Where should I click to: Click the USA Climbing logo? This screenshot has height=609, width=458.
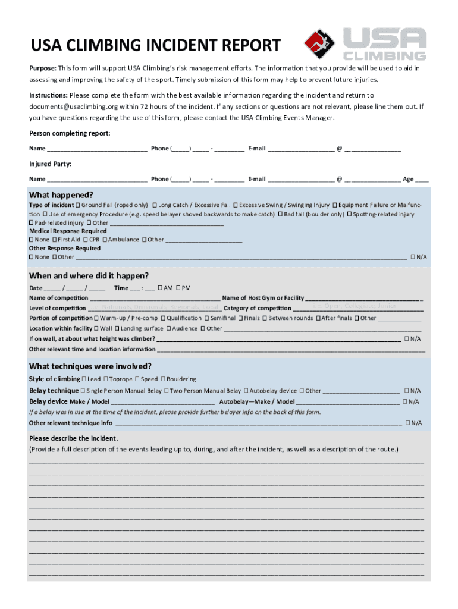pos(365,44)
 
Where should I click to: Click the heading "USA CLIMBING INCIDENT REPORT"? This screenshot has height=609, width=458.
pos(155,45)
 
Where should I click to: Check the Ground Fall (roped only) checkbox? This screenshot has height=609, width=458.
pos(78,205)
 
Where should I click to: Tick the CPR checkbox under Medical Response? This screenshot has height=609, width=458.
pos(86,240)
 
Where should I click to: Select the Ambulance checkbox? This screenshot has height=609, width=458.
pos(105,240)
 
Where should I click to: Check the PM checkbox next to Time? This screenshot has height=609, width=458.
pos(178,288)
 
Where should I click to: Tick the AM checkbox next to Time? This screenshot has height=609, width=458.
pos(161,288)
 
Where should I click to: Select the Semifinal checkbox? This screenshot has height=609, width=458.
pos(206,318)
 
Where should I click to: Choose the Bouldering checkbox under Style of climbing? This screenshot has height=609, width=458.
pos(163,379)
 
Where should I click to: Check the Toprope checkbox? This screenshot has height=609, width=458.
pos(106,379)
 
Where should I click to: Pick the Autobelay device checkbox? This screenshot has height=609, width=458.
pos(246,391)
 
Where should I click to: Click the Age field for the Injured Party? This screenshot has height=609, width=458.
pos(422,179)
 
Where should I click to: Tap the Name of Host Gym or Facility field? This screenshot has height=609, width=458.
pos(363,298)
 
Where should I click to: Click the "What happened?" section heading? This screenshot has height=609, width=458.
pos(61,195)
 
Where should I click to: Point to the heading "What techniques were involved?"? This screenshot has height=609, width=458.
pos(90,366)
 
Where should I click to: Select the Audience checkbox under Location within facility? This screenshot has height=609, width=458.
pos(169,328)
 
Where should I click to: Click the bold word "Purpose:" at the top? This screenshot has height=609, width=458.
pos(43,68)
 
